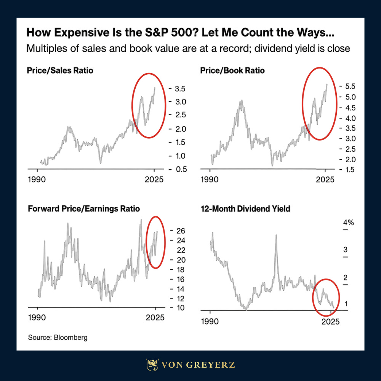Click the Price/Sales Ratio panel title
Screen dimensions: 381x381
coord(60,70)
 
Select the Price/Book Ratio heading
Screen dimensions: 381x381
coord(232,70)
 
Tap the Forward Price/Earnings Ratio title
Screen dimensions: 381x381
coord(84,209)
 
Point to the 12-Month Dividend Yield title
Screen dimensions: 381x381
coord(245,209)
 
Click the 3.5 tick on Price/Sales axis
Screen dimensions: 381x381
coord(180,89)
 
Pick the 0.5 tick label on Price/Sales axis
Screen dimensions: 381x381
coord(181,170)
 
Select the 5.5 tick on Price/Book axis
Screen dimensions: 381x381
coord(350,86)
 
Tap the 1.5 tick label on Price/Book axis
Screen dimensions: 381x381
coord(350,170)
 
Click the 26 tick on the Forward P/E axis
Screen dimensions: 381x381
coord(181,231)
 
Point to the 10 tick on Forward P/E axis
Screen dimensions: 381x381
coord(181,308)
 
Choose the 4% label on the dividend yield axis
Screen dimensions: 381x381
coord(349,223)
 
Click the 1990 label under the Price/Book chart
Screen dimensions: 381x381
coord(210,179)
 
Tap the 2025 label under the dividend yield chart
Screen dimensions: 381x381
coord(330,322)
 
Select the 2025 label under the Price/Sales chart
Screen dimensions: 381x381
coord(154,179)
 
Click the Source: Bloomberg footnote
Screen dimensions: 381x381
coord(58,338)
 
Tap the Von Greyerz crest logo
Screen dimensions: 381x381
coord(152,365)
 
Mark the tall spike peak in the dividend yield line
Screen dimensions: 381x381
coord(276,235)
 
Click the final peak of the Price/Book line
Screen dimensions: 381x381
coord(327,84)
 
